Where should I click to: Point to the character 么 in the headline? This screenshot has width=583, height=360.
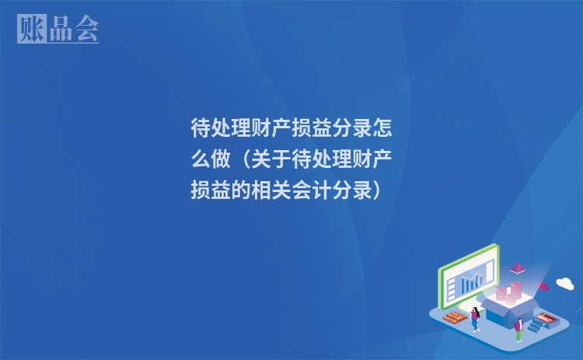pos(201,159)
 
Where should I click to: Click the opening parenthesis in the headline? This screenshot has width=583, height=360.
pos(244,159)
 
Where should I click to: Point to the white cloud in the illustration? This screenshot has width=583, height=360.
pos(564,283)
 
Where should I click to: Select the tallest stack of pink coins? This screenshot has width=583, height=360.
pos(514,293)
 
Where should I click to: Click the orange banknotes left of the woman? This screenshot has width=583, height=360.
pos(452,316)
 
